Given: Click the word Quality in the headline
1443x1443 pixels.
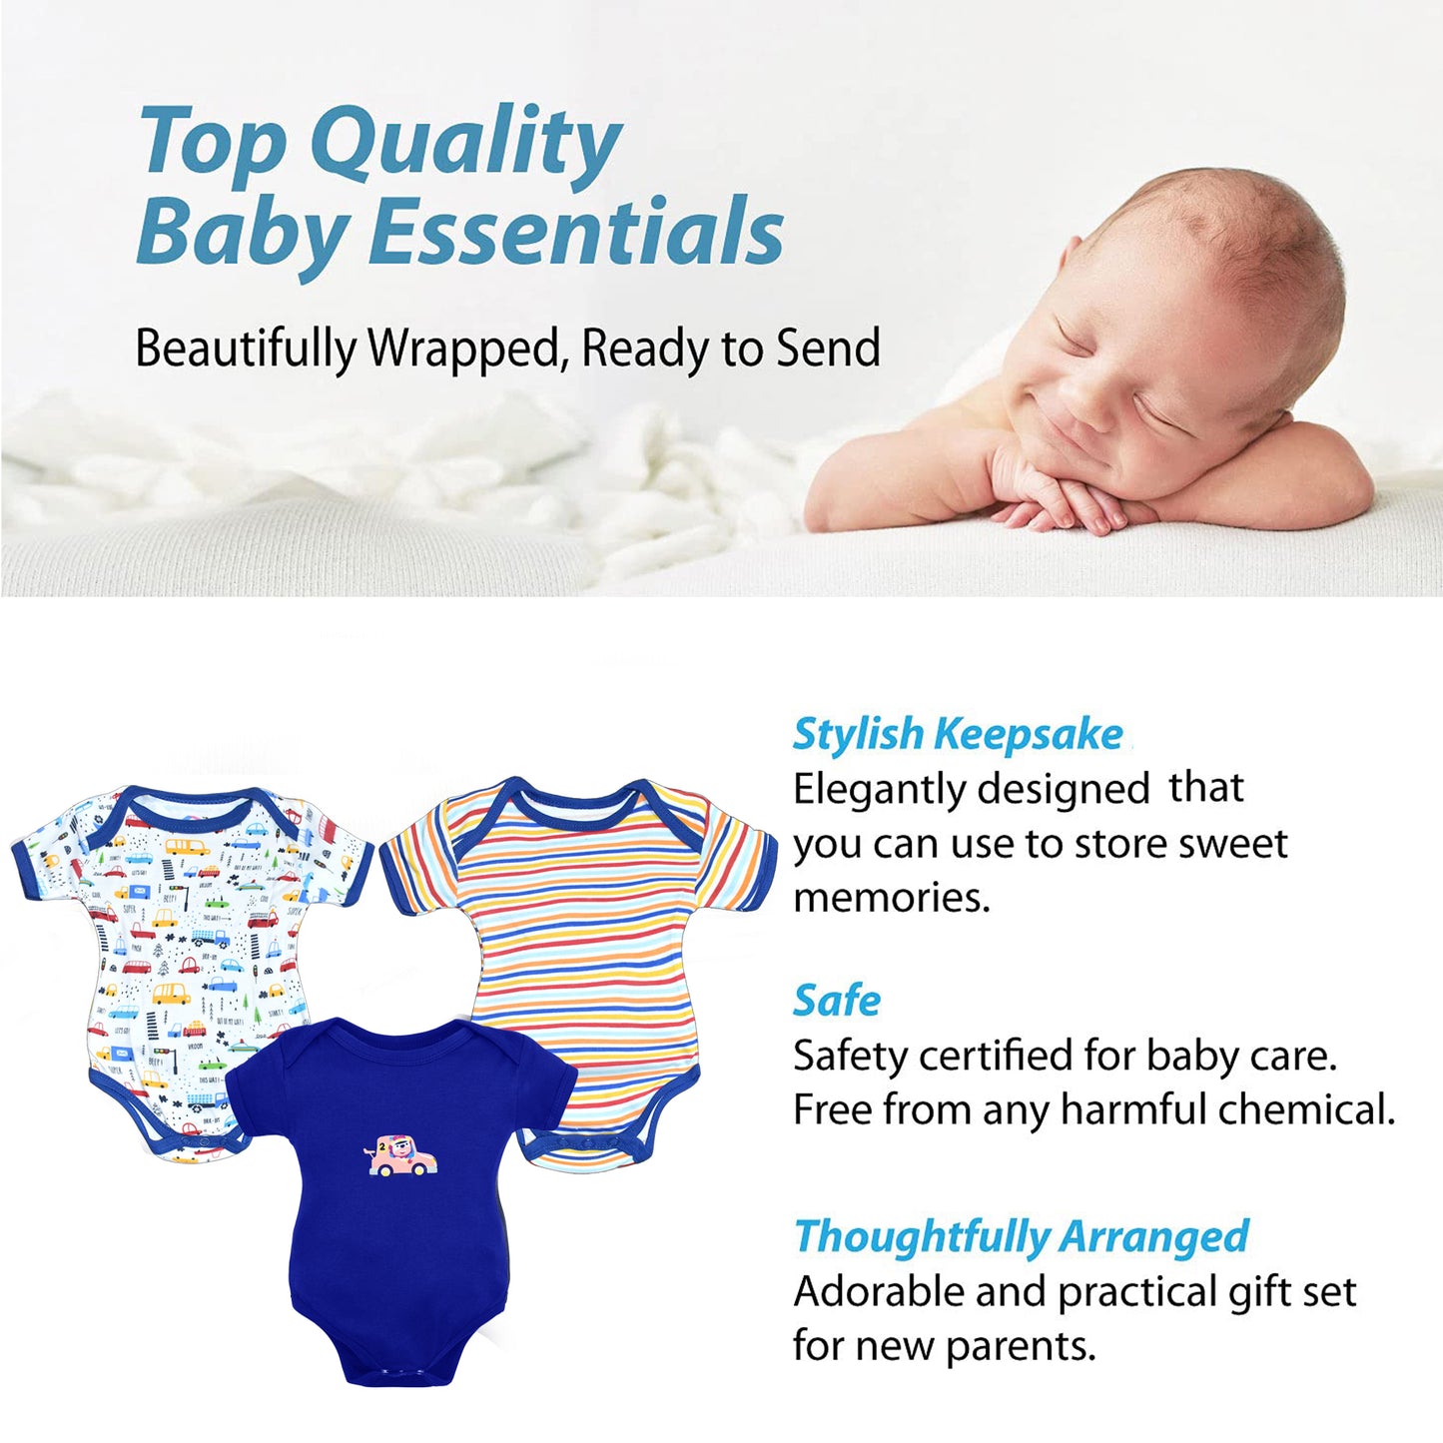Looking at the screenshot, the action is pos(465,146).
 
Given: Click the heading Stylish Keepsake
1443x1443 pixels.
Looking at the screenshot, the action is pos(958,735).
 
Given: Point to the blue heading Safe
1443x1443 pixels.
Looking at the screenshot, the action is pos(837,1001).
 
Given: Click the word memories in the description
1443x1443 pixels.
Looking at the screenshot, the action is pos(891,897).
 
